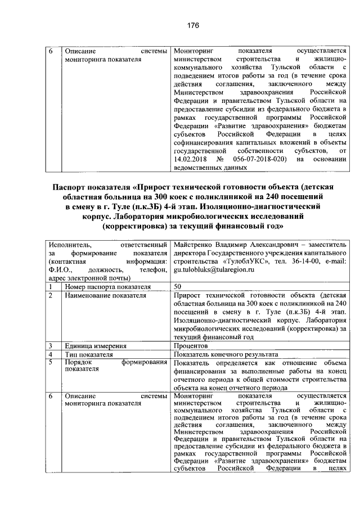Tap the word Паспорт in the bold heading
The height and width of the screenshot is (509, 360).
71,188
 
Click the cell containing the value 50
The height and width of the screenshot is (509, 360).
178,287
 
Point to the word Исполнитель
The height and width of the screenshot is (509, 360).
68,245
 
